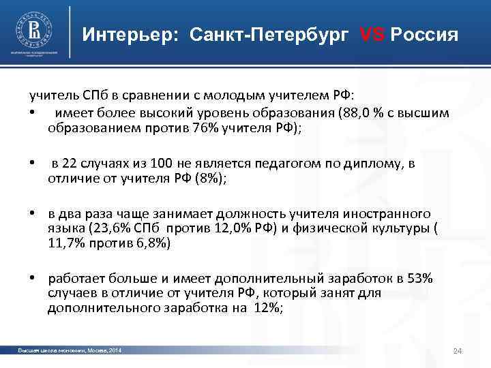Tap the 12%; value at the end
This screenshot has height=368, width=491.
pos(267,308)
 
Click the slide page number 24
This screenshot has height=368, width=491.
pos(458,351)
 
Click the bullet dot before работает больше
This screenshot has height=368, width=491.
pos(32,279)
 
